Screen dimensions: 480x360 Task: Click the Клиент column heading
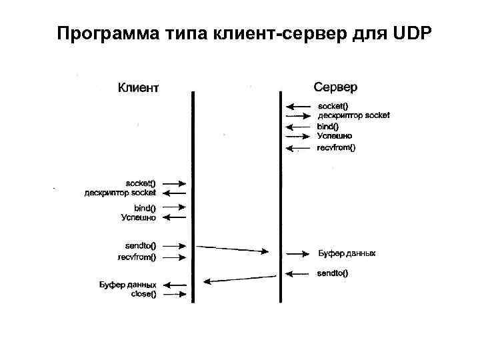coord(139,87)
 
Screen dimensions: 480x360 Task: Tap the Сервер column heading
coord(335,87)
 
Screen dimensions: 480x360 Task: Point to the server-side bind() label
coord(329,126)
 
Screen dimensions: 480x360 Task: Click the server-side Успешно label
coord(335,136)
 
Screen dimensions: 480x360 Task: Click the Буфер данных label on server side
coord(347,253)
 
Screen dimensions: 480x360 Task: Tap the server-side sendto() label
coord(333,273)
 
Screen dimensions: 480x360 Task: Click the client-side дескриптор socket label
coord(120,193)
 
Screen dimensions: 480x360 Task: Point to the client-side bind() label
coord(145,207)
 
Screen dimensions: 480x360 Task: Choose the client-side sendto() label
coord(141,245)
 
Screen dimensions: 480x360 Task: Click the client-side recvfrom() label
coord(137,256)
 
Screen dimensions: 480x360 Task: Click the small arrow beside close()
coord(174,293)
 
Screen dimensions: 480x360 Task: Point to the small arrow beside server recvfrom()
coord(299,148)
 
